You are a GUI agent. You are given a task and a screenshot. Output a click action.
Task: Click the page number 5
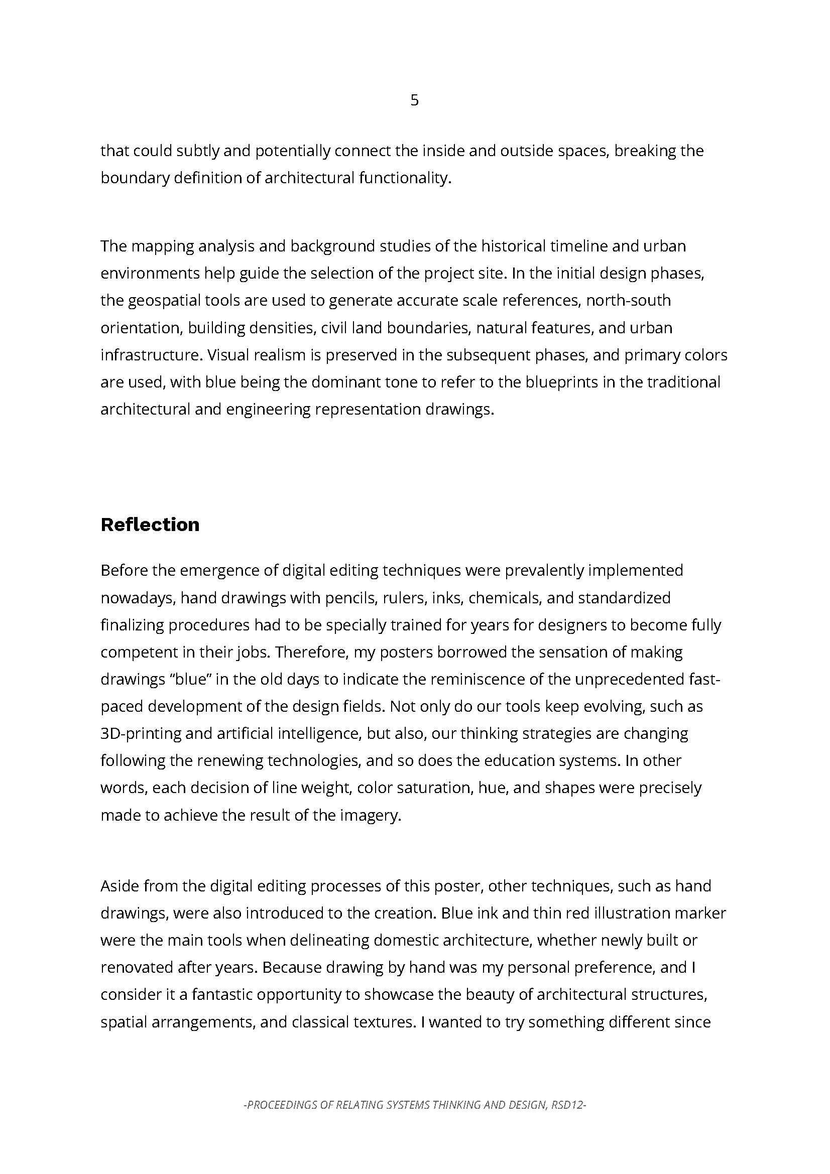click(414, 100)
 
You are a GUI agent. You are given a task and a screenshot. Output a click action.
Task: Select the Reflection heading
click(150, 525)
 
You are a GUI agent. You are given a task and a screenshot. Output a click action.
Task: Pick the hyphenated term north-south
click(628, 300)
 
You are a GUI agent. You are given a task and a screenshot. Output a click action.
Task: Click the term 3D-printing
click(141, 734)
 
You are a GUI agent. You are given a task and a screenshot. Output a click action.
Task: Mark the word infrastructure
click(151, 355)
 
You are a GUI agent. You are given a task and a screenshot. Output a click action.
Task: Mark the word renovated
click(136, 967)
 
